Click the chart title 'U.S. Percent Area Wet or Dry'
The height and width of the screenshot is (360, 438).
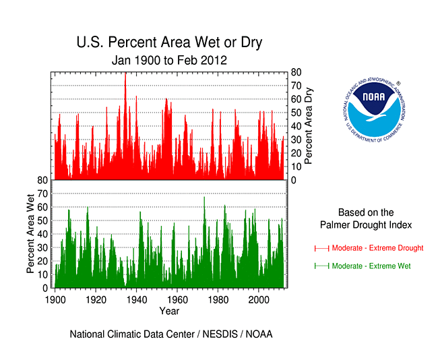(x=169, y=43)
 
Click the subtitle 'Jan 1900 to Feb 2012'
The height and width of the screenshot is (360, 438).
(x=169, y=60)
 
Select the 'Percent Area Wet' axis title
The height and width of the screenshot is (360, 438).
(x=30, y=233)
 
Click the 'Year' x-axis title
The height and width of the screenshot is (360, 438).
(x=169, y=311)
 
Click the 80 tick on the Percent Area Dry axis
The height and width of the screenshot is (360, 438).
(x=295, y=72)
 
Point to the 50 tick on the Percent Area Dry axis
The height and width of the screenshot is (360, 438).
(x=295, y=113)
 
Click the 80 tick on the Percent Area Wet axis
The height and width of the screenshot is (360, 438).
(x=42, y=180)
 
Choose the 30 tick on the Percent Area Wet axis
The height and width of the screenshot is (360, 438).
(x=42, y=247)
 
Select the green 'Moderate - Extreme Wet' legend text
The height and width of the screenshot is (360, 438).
(x=371, y=266)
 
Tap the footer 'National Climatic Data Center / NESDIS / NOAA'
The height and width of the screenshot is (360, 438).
(x=170, y=334)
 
